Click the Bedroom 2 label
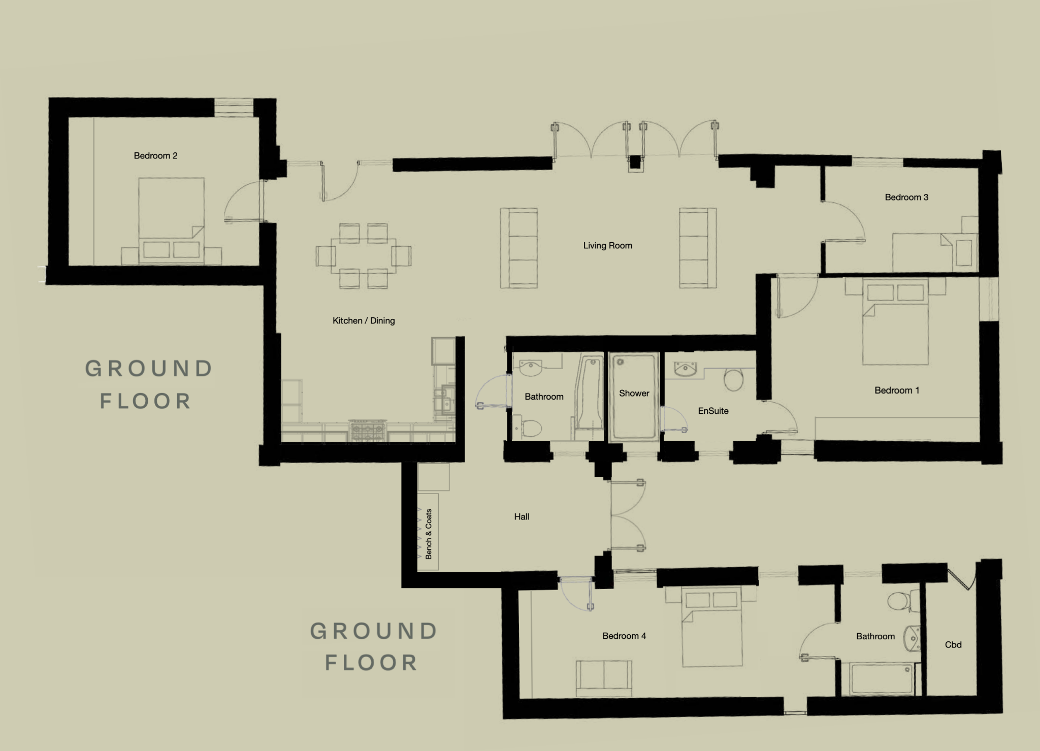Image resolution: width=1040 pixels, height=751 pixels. click(x=155, y=156)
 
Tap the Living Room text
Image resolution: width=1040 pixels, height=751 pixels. click(x=607, y=246)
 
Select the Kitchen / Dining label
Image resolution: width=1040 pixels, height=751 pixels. click(x=364, y=321)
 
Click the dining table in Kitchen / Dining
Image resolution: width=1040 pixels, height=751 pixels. click(x=364, y=255)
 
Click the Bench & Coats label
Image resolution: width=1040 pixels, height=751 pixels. click(x=429, y=534)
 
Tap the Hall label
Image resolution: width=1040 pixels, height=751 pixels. click(x=522, y=517)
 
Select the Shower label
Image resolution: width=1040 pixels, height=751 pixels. click(x=634, y=394)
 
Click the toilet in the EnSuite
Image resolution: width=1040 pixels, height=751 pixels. click(x=733, y=379)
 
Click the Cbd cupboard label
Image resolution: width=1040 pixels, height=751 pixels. click(x=953, y=645)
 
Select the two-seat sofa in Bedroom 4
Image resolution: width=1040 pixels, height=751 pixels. click(x=604, y=678)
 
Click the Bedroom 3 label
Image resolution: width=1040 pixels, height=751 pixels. click(x=906, y=198)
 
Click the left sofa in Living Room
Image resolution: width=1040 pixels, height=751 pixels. click(x=519, y=248)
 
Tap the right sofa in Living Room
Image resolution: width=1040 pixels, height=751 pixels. click(x=698, y=248)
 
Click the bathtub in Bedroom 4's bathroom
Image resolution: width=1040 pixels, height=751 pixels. click(x=882, y=678)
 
